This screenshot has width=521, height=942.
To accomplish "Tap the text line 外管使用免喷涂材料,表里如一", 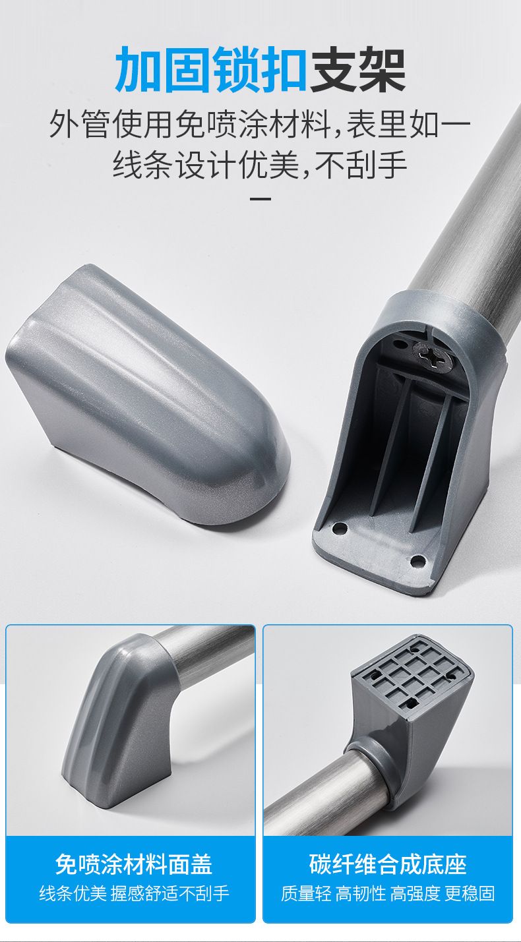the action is (260, 124).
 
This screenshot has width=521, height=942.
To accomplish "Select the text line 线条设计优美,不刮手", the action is (260, 165).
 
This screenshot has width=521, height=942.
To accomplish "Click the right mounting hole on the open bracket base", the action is (417, 560).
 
